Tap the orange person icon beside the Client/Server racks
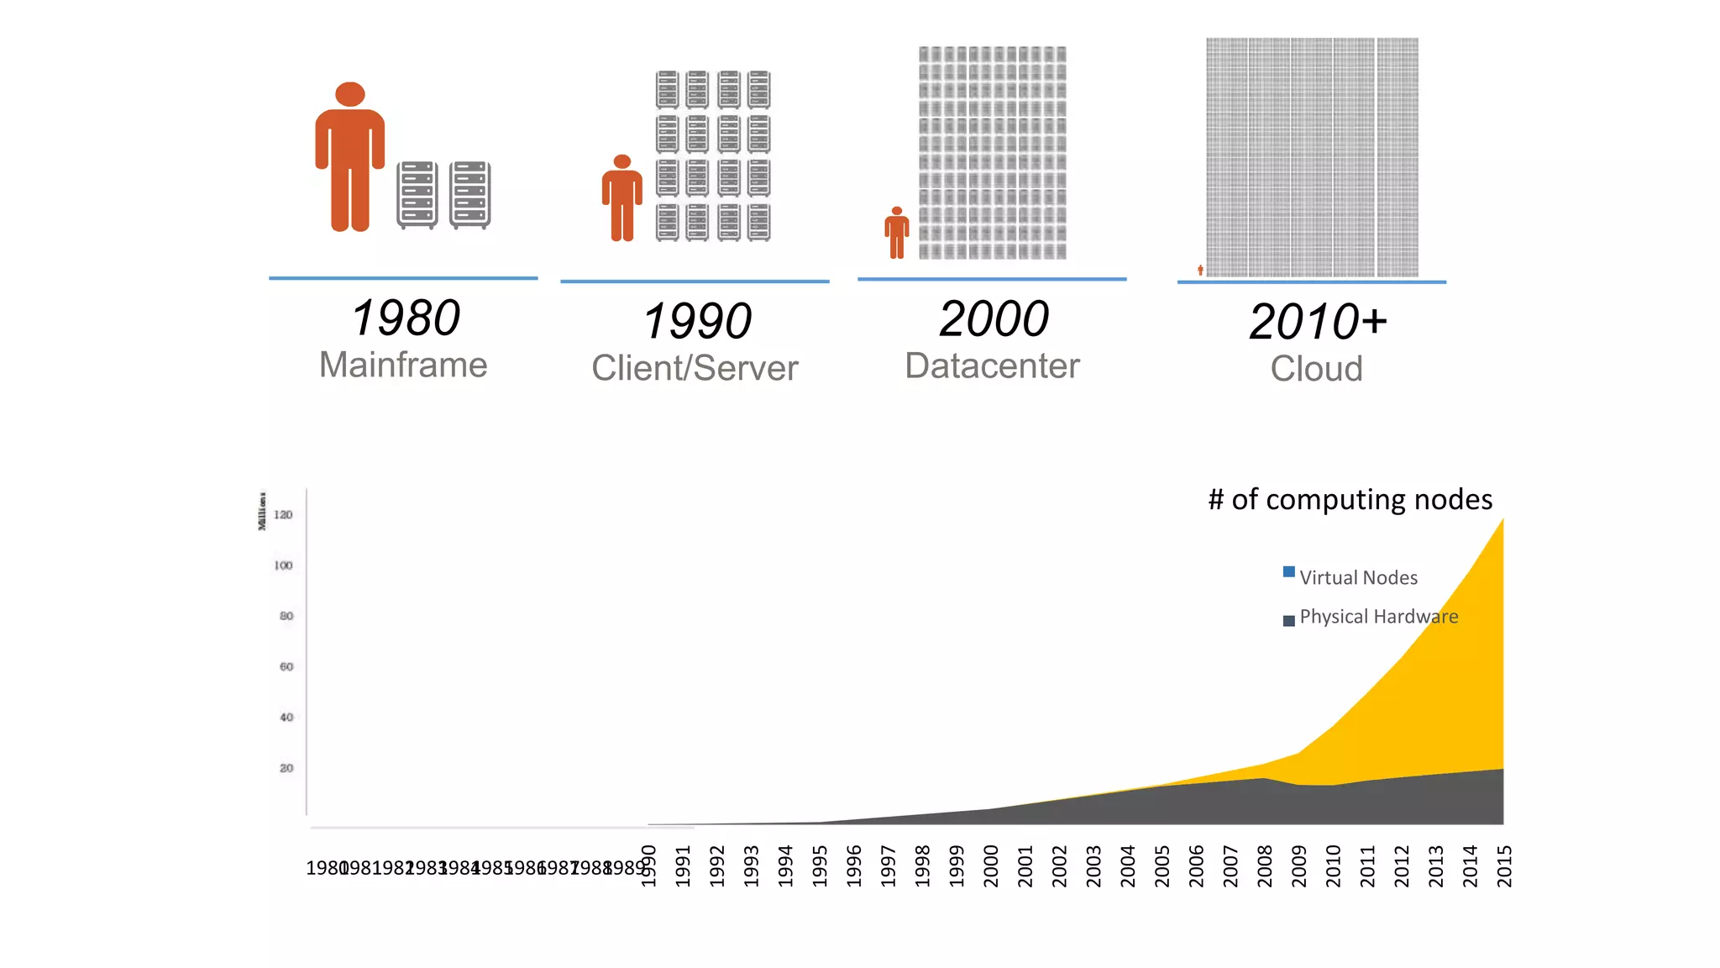coord(621,199)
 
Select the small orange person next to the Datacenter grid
coord(896,234)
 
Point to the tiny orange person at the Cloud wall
coord(1200,270)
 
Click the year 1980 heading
coord(406,318)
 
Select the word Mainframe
coord(403,366)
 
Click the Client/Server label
coord(695,368)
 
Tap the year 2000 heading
coord(994,319)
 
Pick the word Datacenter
coord(992,366)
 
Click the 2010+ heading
coord(1317,322)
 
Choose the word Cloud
coord(1316,369)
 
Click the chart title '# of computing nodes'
coord(1350,500)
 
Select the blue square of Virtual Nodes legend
coord(1288,572)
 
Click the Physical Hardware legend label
coord(1378,617)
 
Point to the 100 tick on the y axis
coord(283,566)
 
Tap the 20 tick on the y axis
coord(286,768)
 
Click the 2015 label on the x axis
coord(1504,865)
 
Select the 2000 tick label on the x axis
coord(991,865)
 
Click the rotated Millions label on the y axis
coord(262,511)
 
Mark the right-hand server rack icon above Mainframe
coord(469,195)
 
